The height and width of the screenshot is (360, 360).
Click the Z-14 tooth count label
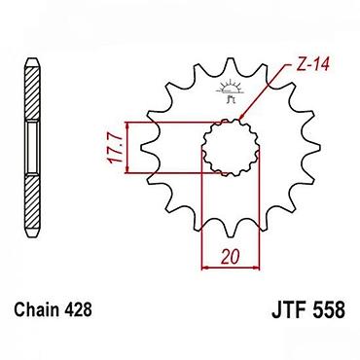tap(313, 65)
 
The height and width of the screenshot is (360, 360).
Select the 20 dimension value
tap(231, 256)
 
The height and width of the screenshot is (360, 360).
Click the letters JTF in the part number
tap(289, 309)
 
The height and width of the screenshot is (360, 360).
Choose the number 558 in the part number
tap(329, 309)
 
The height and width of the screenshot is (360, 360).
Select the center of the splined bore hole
tap(231, 148)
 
